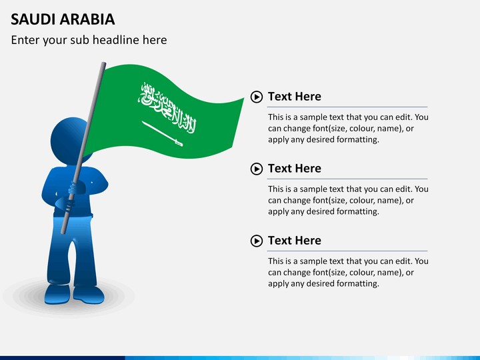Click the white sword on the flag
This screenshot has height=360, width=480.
coord(162,133)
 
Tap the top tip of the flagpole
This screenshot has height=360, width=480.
coord(103,65)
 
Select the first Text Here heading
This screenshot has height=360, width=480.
coord(294,97)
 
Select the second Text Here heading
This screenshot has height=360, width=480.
coord(294,169)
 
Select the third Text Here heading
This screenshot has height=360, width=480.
coord(294,241)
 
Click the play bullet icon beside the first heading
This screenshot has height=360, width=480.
coord(257,97)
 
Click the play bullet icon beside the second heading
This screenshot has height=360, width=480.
coord(257,169)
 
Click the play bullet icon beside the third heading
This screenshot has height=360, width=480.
coord(257,241)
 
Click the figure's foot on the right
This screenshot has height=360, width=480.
coord(89,293)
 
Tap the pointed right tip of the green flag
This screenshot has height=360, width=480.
coord(243,99)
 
